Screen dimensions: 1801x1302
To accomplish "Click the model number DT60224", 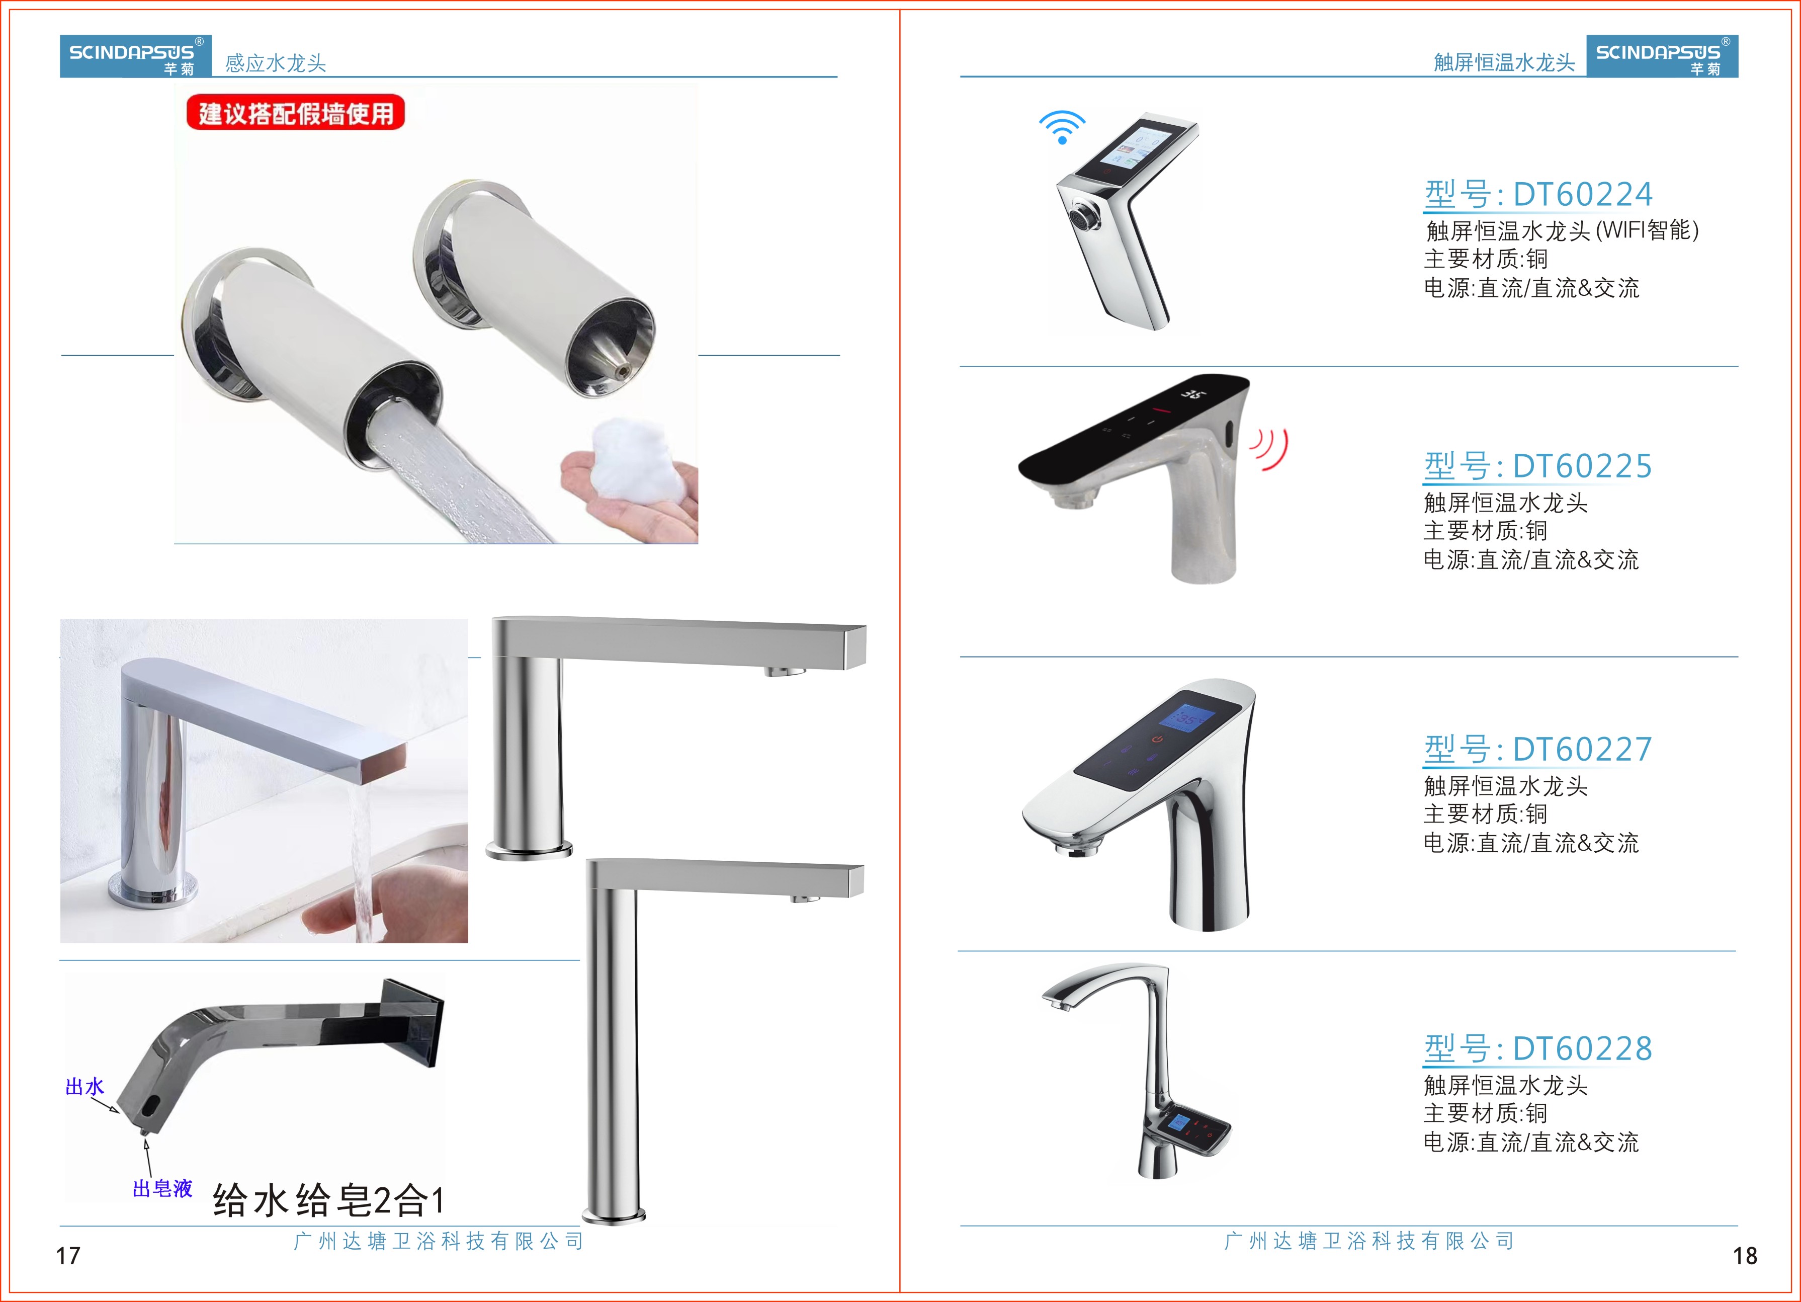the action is pos(1583,194).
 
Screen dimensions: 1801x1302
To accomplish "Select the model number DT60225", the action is pos(1583,466).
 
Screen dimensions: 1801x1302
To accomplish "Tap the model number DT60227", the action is pos(1583,749).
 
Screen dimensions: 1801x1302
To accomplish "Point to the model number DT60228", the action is pos(1583,1048).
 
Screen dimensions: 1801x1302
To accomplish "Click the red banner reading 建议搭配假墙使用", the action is pos(295,113).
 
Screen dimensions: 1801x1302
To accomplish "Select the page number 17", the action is pos(68,1256).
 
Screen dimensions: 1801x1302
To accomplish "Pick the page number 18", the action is pos(1745,1256).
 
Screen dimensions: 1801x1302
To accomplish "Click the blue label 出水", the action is pos(84,1086).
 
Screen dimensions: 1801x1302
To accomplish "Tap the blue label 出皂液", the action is pos(162,1188).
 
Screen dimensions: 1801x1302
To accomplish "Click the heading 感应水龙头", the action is pos(276,63).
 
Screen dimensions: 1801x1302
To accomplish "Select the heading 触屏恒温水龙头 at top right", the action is pos(1504,63).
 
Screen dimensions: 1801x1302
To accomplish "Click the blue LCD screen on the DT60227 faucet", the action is pos(1185,717).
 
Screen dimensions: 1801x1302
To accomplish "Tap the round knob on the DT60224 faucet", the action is pos(1081,217).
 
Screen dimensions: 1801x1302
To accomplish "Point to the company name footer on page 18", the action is pos(1370,1241).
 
